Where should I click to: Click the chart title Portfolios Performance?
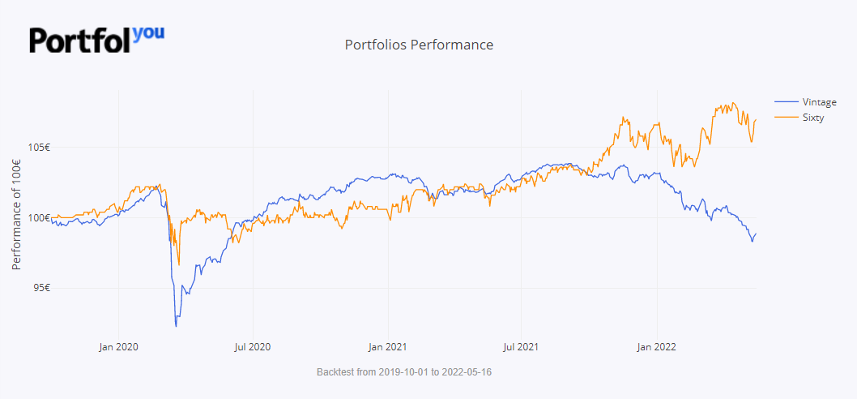click(419, 45)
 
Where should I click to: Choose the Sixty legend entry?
click(812, 118)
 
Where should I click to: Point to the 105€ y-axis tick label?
click(38, 148)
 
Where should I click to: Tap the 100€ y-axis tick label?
click(38, 217)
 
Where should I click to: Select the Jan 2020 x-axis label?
click(119, 347)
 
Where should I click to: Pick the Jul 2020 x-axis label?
click(253, 347)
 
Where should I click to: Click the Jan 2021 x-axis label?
click(387, 347)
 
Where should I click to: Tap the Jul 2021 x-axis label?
click(521, 347)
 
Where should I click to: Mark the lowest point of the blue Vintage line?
click(176, 326)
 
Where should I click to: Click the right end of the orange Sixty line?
click(756, 119)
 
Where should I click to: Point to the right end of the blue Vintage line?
click(756, 234)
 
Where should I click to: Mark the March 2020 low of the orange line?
click(179, 264)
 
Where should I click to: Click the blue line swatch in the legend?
click(786, 101)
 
